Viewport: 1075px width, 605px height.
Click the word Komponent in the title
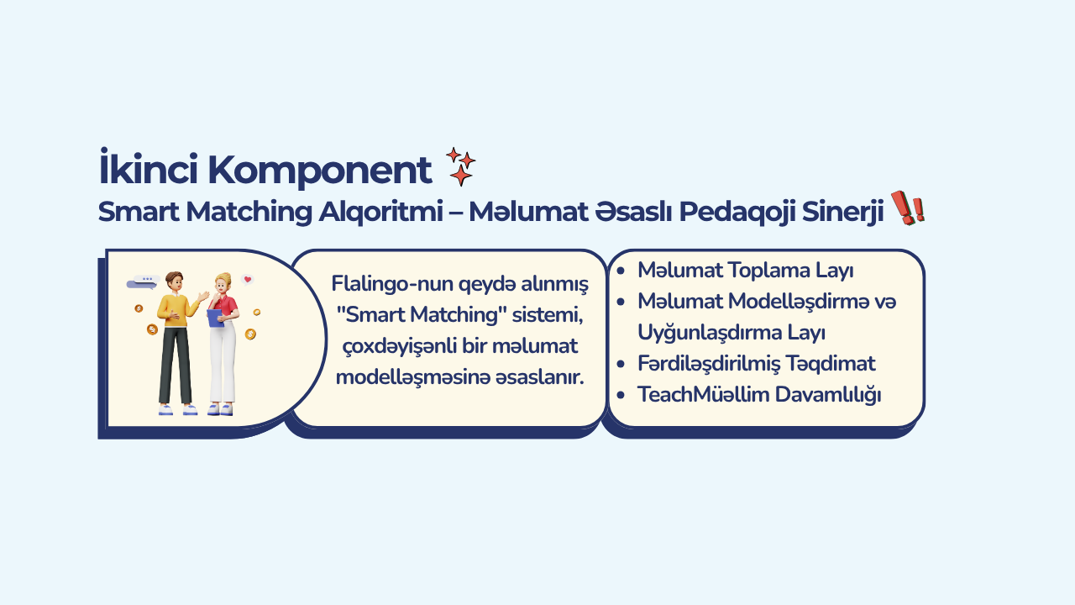tap(320, 171)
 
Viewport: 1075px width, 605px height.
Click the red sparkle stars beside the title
tap(461, 166)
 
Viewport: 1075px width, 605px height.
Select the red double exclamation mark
tap(908, 208)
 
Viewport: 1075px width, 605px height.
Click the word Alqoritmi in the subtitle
tap(380, 212)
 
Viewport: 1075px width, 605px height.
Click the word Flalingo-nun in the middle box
tap(391, 284)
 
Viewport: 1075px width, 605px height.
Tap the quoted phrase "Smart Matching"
tap(422, 315)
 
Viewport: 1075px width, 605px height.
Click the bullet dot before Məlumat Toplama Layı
tap(621, 271)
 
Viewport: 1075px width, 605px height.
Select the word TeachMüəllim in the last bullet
tap(703, 395)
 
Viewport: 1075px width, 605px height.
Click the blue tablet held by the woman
tap(216, 318)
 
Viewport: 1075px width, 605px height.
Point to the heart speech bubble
tap(247, 280)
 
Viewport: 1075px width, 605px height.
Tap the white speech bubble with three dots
tap(147, 279)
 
